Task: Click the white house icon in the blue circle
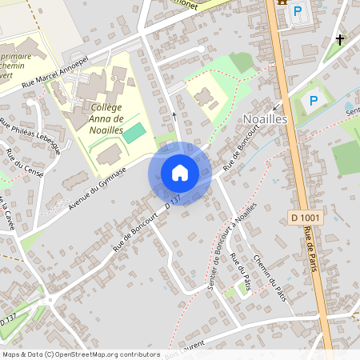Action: click(180, 172)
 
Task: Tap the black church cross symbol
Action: click(340, 39)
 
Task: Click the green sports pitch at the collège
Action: click(134, 132)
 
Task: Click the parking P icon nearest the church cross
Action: click(298, 12)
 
